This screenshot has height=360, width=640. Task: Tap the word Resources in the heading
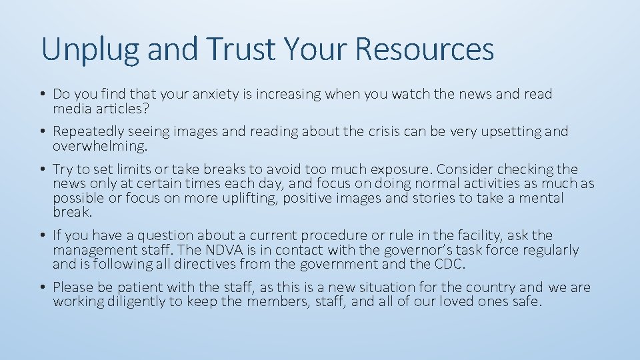425,49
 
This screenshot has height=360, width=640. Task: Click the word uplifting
250,199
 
